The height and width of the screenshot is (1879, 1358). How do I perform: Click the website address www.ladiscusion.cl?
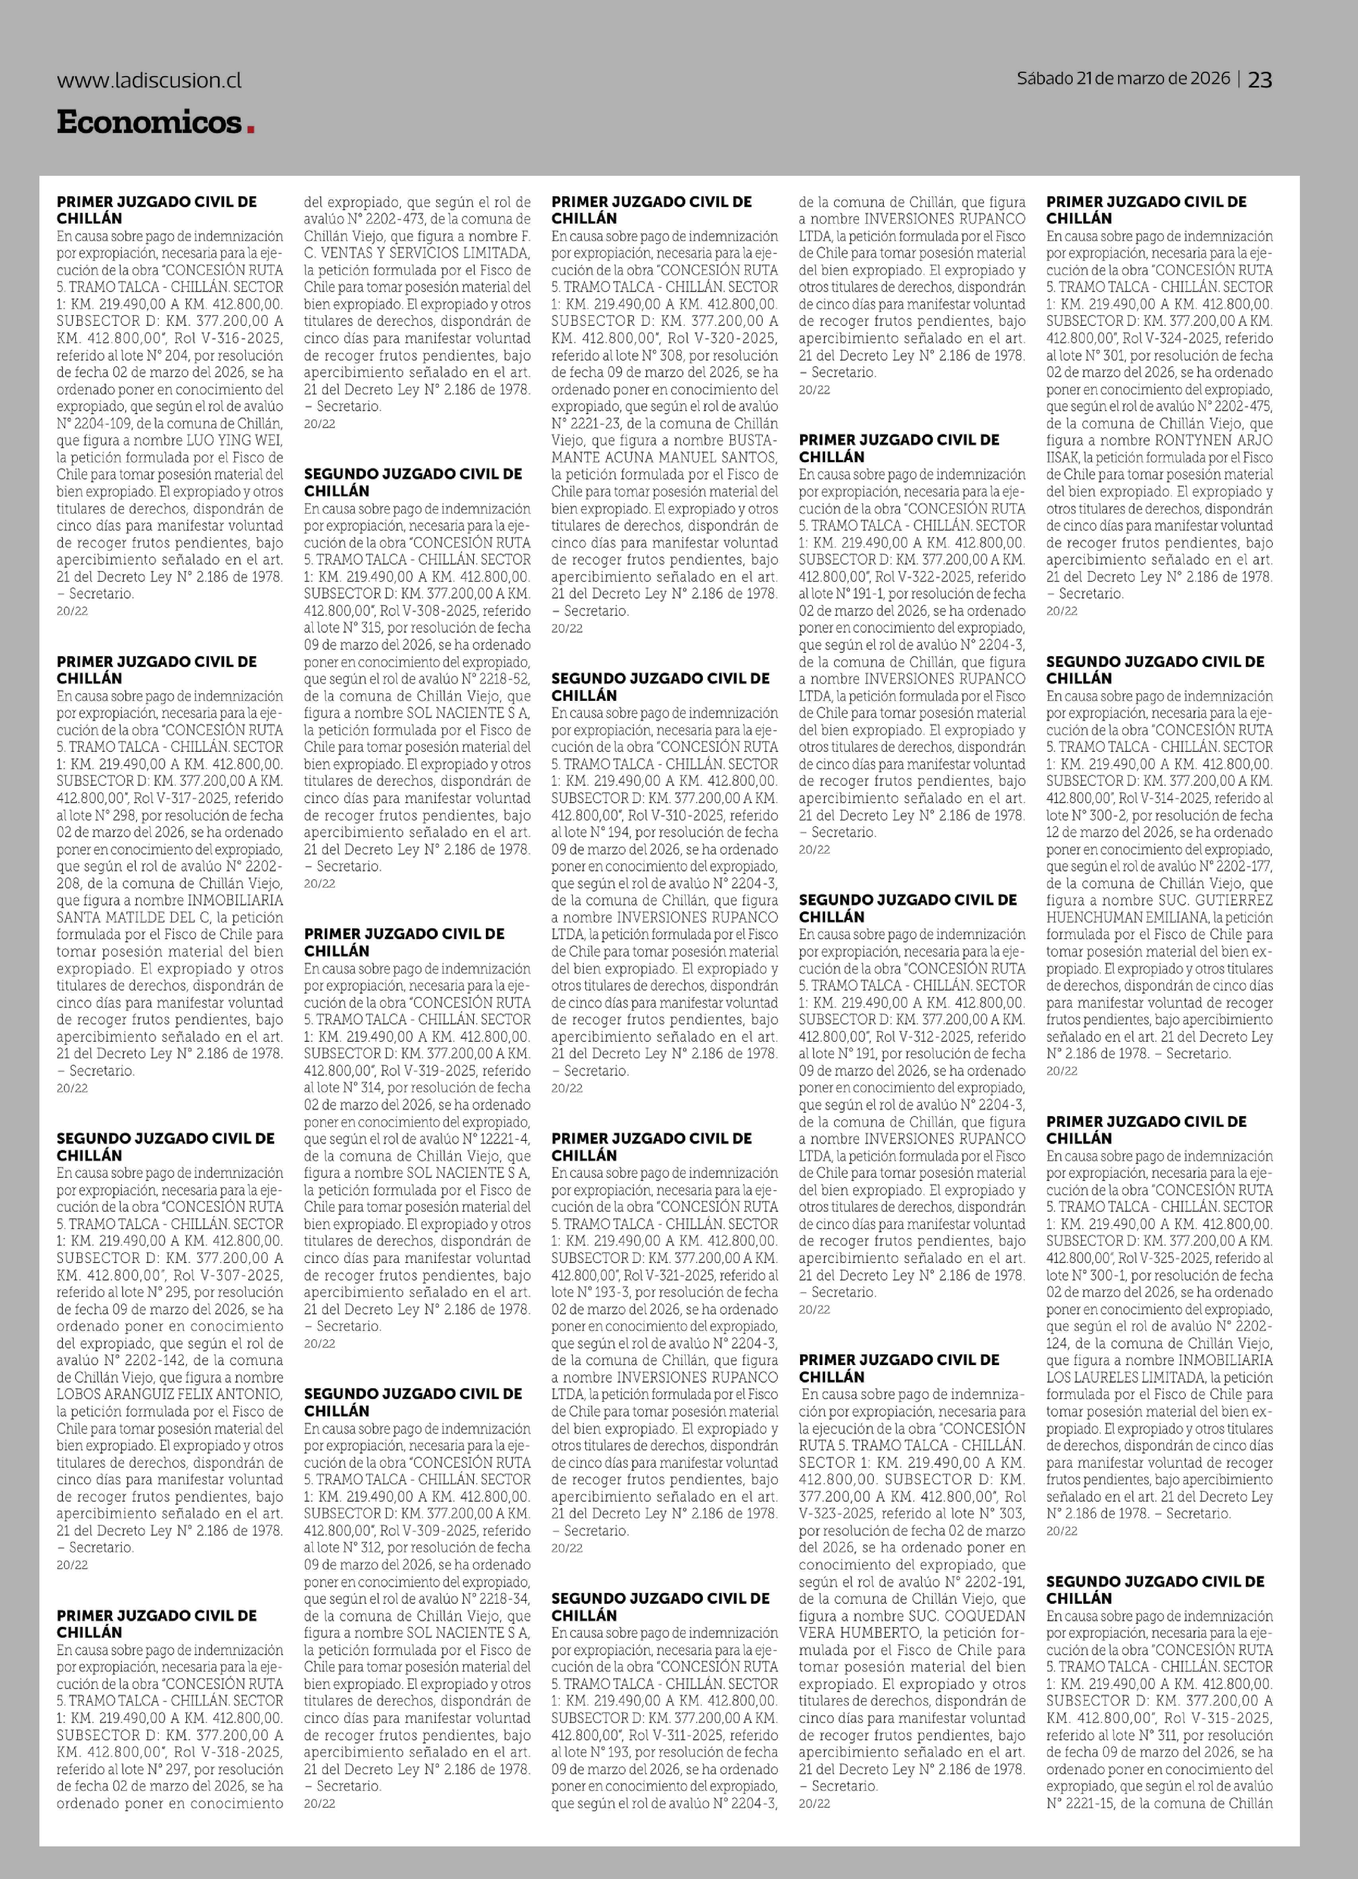149,80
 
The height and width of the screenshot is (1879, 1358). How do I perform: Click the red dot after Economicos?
250,128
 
